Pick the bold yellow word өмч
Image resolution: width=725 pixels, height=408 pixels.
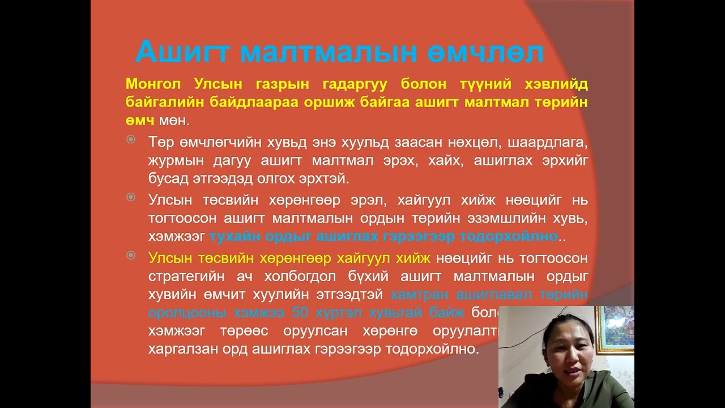click(140, 121)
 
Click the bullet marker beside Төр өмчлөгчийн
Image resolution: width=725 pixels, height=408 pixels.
click(131, 139)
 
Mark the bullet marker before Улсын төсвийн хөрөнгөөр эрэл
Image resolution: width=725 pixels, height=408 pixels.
click(131, 197)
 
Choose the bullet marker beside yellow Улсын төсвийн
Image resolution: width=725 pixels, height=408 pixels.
click(131, 256)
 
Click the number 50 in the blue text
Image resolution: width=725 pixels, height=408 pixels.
click(300, 312)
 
